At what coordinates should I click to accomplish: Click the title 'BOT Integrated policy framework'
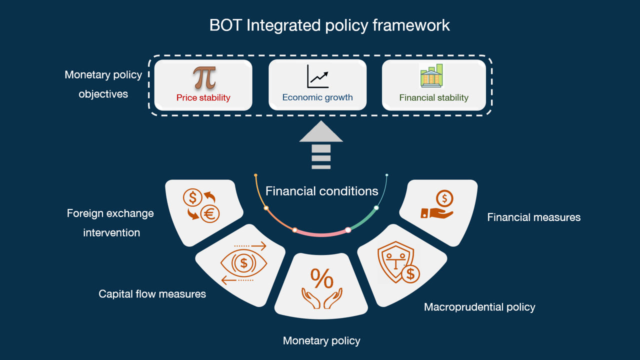329,25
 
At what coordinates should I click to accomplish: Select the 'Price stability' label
203,97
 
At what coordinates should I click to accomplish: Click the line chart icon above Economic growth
317,76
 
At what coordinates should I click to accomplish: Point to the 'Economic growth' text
317,97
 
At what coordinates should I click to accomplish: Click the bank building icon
431,76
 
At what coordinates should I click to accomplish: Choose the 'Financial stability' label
433,97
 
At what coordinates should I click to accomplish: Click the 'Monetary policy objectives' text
103,84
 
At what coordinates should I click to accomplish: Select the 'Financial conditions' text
321,191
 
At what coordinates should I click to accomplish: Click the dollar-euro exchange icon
201,205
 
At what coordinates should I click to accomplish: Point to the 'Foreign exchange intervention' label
110,222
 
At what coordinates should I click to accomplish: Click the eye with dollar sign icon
243,262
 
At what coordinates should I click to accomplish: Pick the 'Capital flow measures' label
152,294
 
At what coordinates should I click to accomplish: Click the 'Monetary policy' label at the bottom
321,341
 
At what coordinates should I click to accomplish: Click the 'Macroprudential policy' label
479,307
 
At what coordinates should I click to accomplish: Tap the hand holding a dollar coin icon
438,205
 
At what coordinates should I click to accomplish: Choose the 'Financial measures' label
533,217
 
